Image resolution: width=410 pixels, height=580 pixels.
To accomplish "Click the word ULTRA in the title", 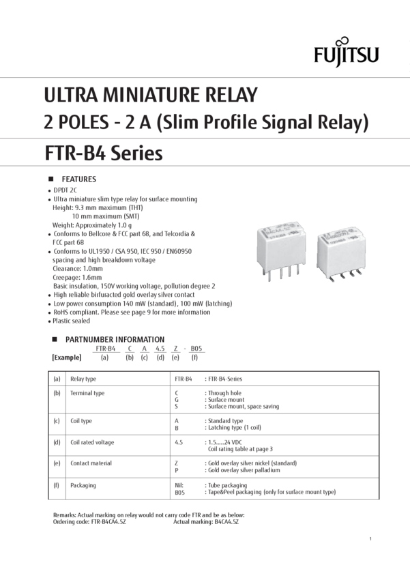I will point(67,95).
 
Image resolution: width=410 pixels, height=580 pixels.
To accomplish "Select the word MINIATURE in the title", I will point(145,95).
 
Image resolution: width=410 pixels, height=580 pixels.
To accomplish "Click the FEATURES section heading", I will point(80,178).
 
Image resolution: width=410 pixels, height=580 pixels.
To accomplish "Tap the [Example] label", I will point(67,357).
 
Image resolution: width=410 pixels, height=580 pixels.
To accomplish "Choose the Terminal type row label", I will point(88,394).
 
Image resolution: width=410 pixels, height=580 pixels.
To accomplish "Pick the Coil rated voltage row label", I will point(90,442).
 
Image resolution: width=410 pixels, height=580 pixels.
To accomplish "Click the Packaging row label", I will point(83,485).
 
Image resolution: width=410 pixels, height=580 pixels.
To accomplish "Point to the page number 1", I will point(369,539).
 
